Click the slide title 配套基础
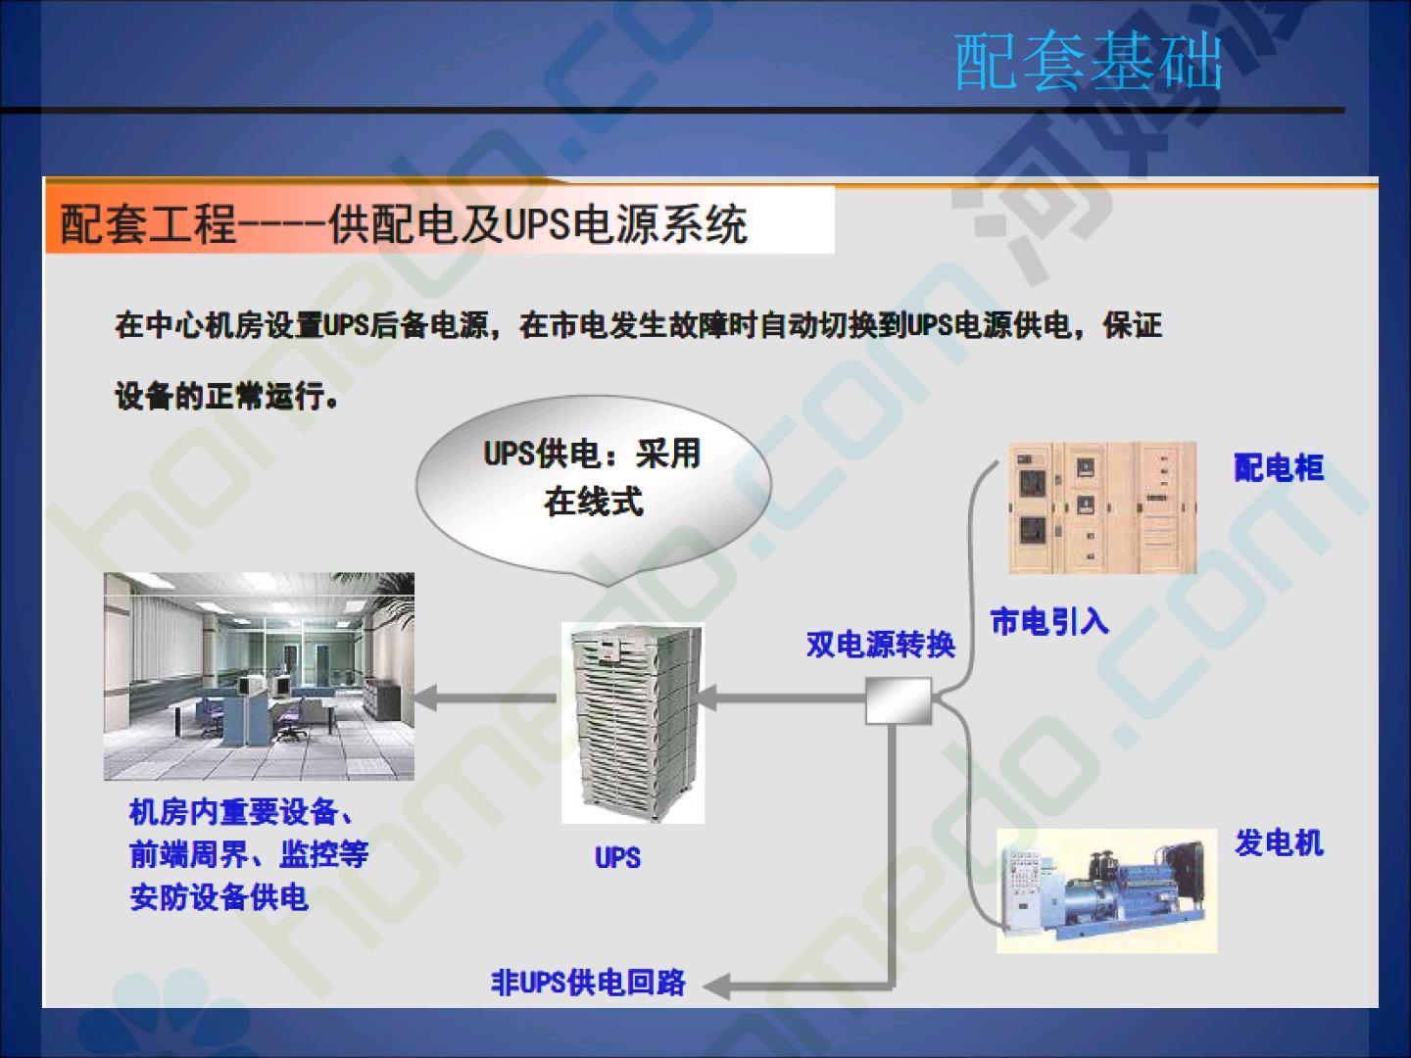tap(1089, 62)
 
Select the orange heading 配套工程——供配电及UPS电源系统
tap(404, 224)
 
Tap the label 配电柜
tap(1279, 467)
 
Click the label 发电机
tap(1279, 842)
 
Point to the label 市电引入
tap(1049, 621)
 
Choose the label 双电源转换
tap(881, 645)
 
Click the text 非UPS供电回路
tap(588, 983)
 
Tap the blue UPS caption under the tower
tap(617, 857)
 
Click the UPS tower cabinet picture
tap(633, 723)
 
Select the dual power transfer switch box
tap(899, 700)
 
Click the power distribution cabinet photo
tap(1102, 507)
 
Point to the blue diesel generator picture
tap(1106, 891)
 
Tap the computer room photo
tap(259, 676)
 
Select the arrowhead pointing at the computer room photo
tap(427, 697)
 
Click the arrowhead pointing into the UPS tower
tap(707, 697)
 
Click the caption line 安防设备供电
tap(219, 896)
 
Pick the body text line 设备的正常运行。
tap(226, 395)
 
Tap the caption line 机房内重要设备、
tap(241, 812)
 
